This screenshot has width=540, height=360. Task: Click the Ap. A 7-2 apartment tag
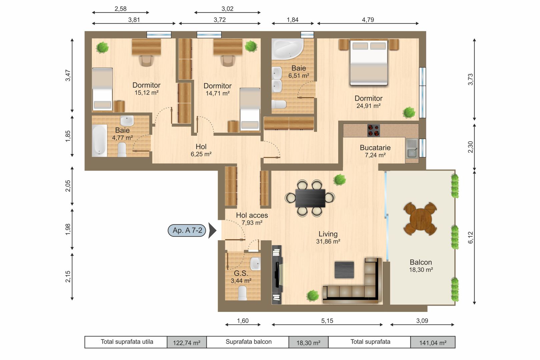click(187, 230)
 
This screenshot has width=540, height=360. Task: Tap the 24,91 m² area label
click(368, 106)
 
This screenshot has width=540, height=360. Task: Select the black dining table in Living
click(310, 198)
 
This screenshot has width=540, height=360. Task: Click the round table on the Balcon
click(420, 219)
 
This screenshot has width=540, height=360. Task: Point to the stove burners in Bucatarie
click(374, 130)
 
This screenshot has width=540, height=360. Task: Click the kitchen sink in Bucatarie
click(412, 149)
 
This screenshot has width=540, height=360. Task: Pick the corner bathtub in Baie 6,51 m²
click(287, 49)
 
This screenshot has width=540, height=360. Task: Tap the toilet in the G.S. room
click(242, 293)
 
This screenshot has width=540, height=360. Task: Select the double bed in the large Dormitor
click(369, 62)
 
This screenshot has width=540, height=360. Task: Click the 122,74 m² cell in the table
click(186, 343)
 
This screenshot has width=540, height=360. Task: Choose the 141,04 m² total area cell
click(433, 343)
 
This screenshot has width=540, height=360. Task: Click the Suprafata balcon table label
click(248, 342)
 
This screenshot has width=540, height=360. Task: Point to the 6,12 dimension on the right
click(470, 237)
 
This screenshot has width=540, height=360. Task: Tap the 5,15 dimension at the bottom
click(327, 321)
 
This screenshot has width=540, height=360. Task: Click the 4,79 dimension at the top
click(368, 20)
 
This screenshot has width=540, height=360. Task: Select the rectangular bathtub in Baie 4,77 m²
click(99, 140)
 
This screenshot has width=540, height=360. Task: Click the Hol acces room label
click(252, 215)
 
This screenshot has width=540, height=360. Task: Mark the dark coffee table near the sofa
click(344, 270)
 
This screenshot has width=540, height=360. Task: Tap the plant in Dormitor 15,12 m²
click(102, 47)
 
